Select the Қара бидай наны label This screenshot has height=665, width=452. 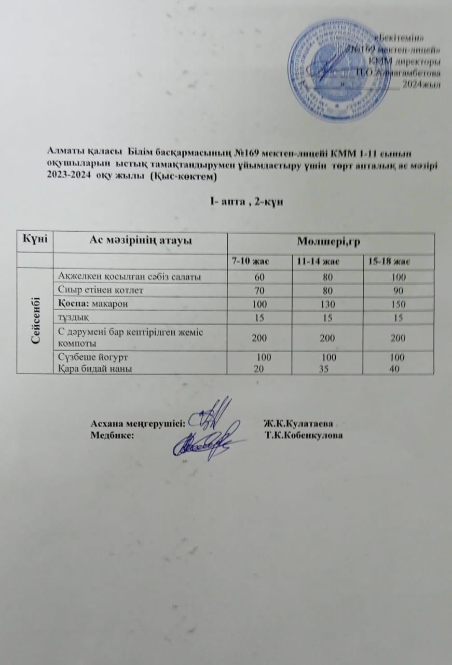95,368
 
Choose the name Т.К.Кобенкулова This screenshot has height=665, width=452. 305,435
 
